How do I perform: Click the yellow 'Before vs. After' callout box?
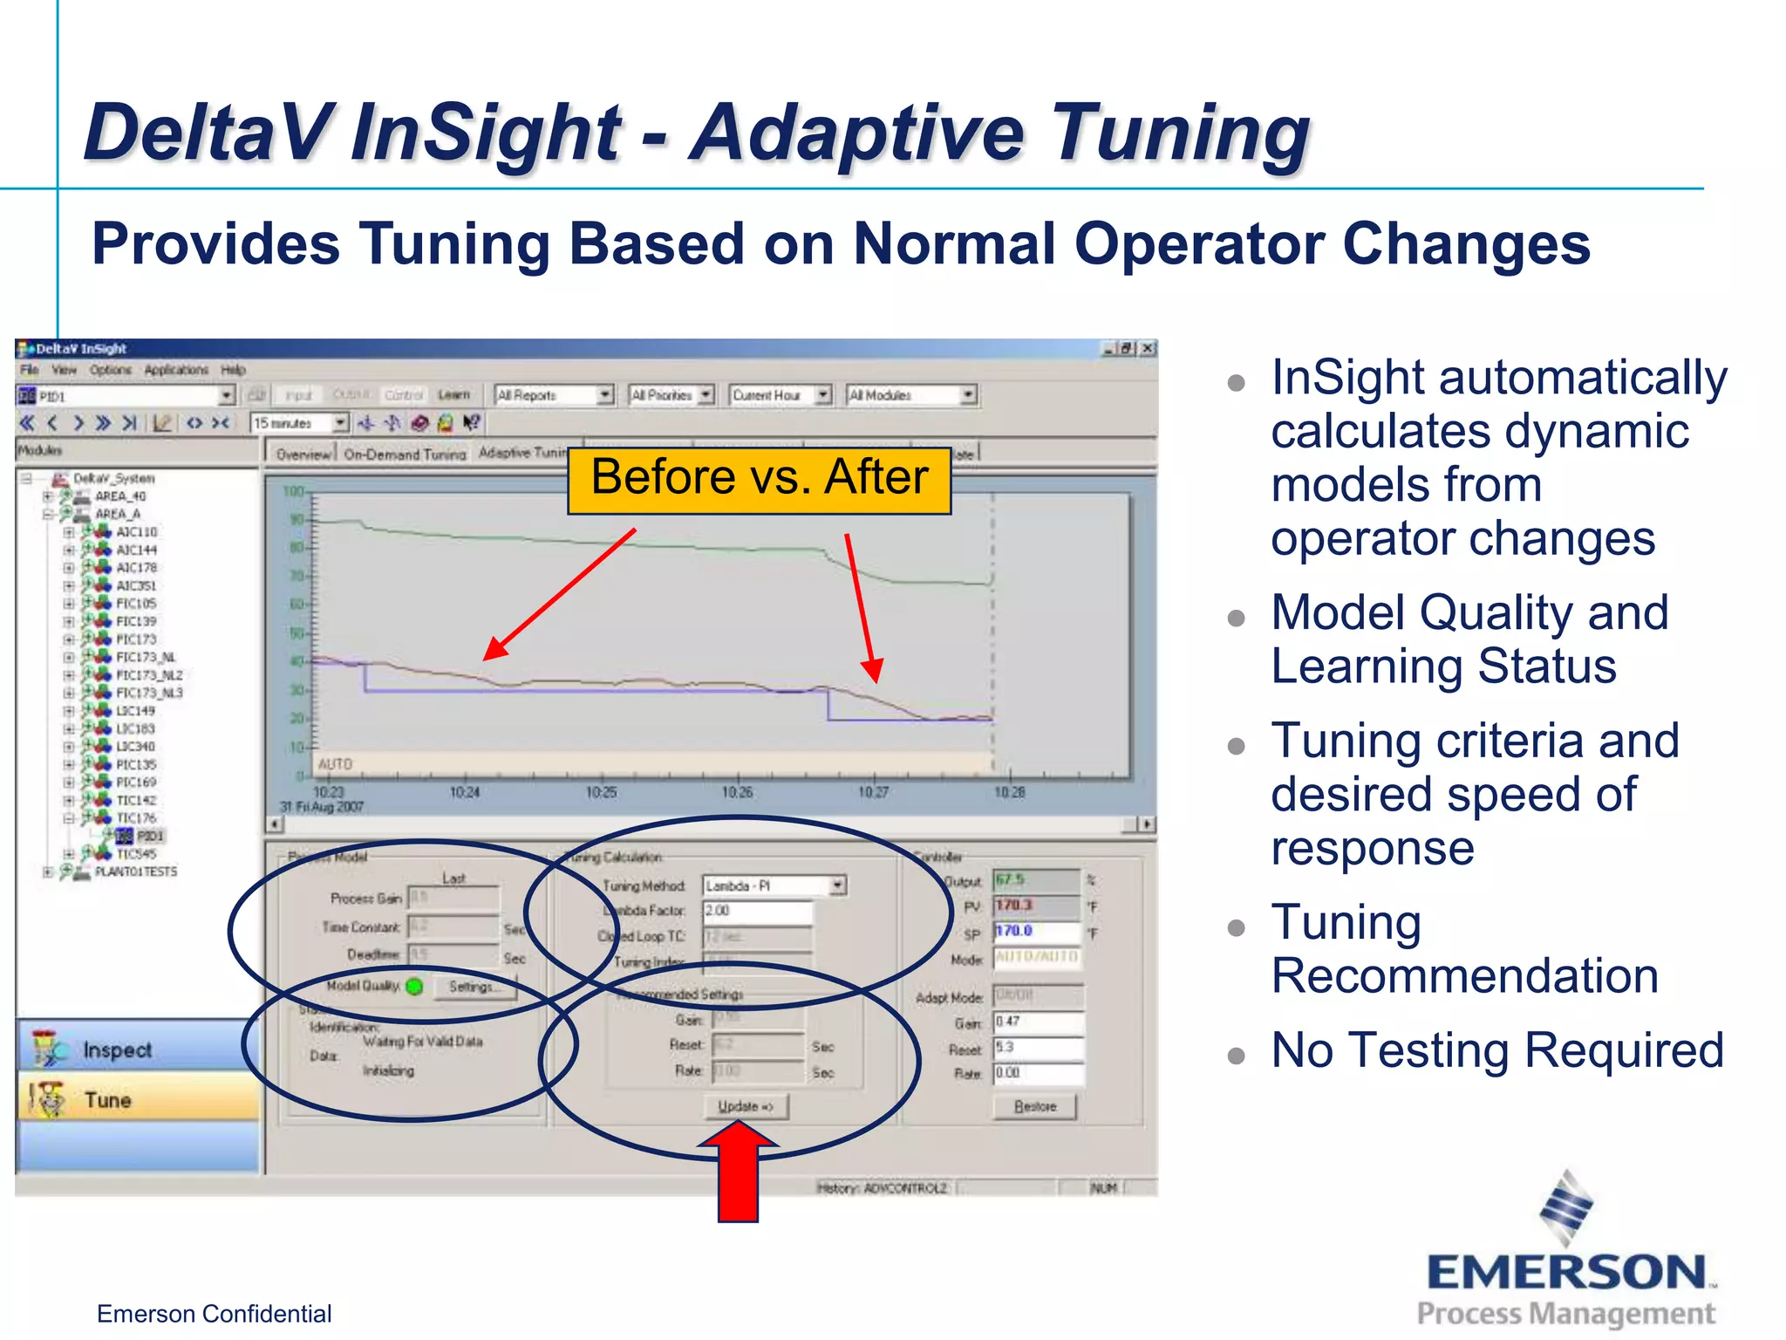tap(759, 479)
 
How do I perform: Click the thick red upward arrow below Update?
tap(738, 1173)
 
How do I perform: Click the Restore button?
tap(1035, 1106)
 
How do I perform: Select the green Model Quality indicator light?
tap(415, 987)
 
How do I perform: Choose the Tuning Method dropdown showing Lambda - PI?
tap(774, 885)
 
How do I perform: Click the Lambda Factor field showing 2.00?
tap(757, 911)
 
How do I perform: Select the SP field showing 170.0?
tap(1036, 932)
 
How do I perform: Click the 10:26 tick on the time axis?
tap(737, 792)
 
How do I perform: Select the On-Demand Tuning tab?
tap(405, 454)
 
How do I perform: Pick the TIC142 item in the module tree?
tap(136, 800)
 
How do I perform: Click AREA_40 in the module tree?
tap(120, 496)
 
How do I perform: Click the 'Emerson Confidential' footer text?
tap(214, 1314)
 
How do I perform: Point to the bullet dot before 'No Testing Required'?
tap(1236, 1056)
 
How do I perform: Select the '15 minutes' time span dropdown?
tap(299, 423)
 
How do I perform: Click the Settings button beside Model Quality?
tap(472, 987)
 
